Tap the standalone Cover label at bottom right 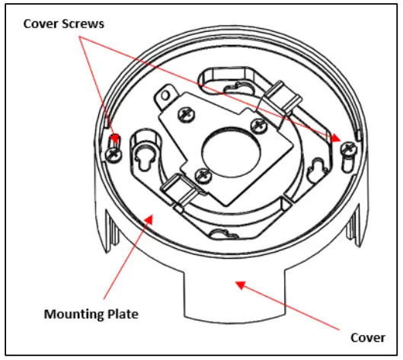368,337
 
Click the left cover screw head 114,154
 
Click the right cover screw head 347,148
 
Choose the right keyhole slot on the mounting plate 316,170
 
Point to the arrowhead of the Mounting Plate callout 149,218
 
